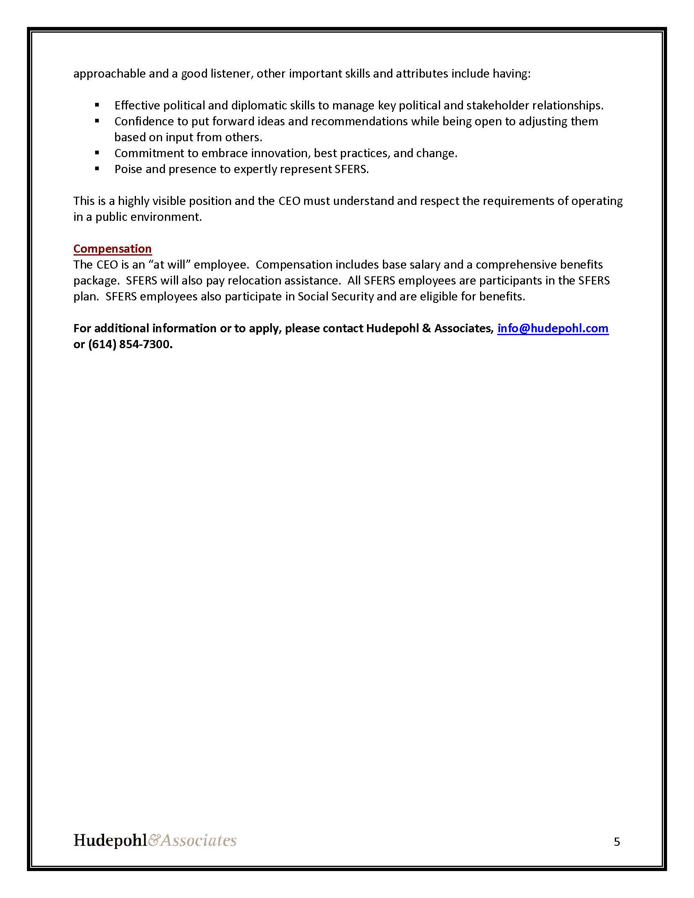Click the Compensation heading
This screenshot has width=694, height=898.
click(112, 249)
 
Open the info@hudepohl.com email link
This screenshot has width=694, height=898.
click(553, 328)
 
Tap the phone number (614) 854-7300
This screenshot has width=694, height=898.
click(130, 344)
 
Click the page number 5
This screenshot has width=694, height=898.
click(617, 842)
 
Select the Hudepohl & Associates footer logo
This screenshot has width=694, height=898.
click(155, 840)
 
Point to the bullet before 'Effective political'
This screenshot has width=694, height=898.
click(97, 105)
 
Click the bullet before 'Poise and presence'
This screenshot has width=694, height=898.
click(97, 169)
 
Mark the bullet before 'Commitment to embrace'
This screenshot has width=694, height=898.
click(97, 153)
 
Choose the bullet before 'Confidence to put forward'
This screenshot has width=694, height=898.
click(97, 121)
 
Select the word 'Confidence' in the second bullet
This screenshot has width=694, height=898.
click(144, 121)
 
